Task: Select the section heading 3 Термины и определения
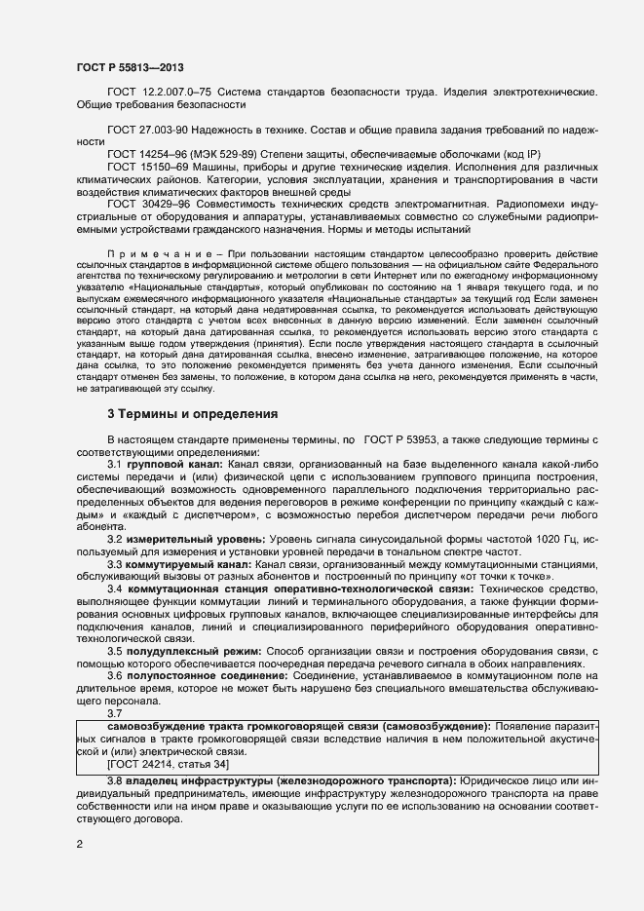point(192,414)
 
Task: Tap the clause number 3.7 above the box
point(115,713)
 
